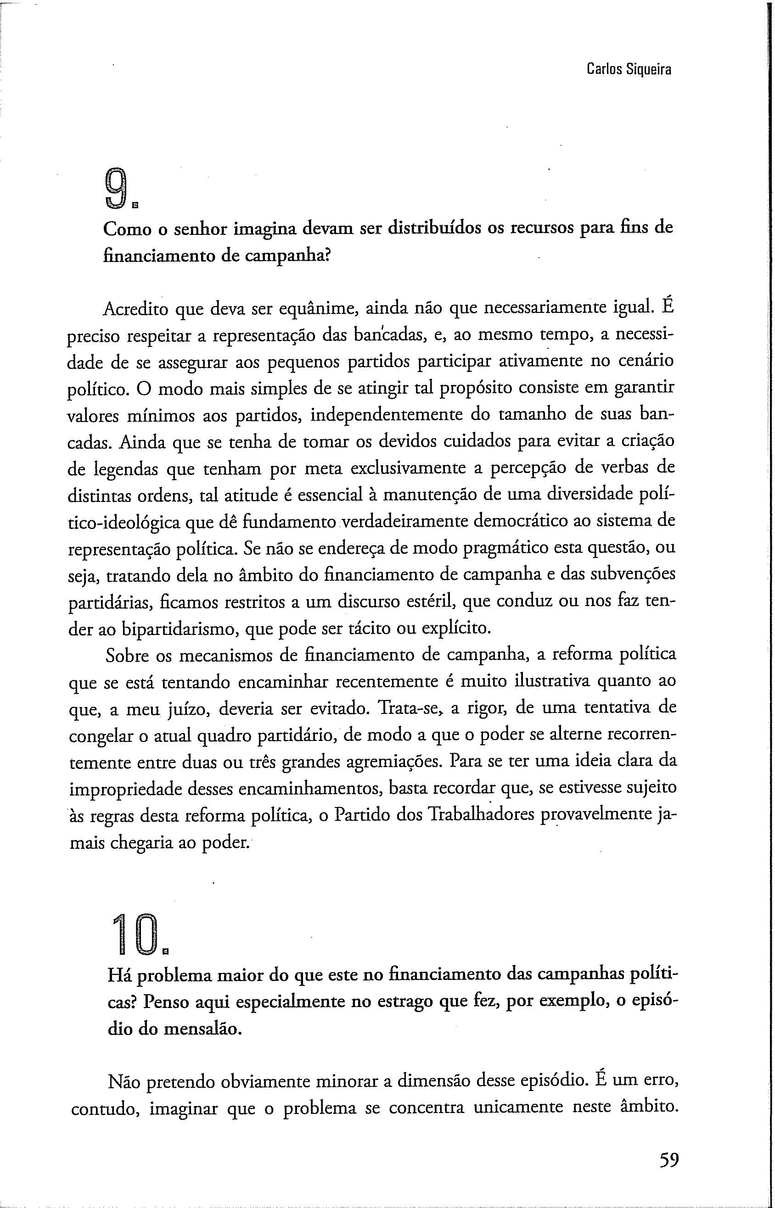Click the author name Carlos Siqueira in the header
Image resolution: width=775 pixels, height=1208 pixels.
click(x=629, y=69)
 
